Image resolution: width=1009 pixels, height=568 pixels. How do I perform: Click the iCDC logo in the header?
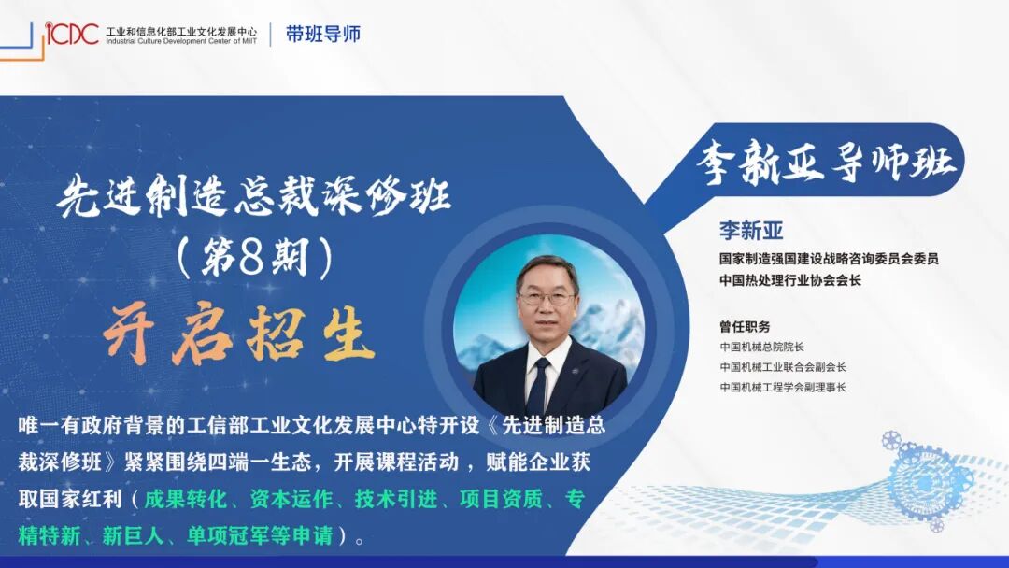[x=72, y=35]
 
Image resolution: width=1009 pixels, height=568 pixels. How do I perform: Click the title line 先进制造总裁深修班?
[x=254, y=198]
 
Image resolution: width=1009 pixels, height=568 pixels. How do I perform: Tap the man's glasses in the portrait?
[x=547, y=298]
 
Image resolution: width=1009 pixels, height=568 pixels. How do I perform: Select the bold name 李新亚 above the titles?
[x=750, y=230]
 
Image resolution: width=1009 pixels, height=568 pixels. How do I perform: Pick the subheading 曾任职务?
[x=745, y=327]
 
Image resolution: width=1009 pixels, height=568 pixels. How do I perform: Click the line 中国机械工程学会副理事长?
[x=783, y=387]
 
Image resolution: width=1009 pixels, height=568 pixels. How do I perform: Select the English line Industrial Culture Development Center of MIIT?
[x=181, y=41]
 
